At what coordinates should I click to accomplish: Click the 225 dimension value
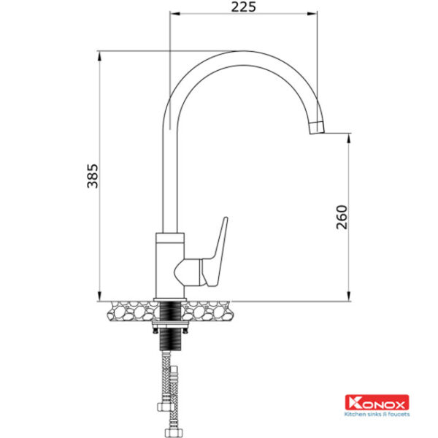[243, 7]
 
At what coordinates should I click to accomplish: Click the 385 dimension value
[93, 176]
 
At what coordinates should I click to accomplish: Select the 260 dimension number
[342, 218]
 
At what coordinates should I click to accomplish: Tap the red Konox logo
[377, 402]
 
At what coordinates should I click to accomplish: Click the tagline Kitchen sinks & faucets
[377, 414]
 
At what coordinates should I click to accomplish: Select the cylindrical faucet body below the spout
[169, 266]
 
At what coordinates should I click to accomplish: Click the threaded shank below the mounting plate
[170, 339]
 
